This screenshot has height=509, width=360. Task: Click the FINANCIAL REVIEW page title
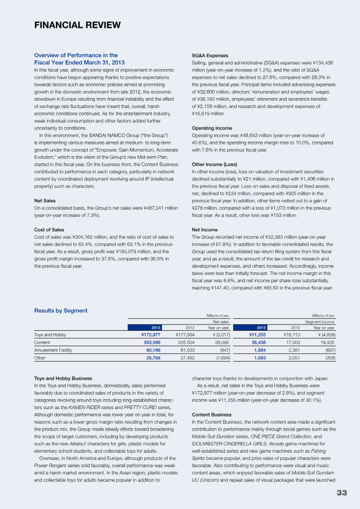[77, 25]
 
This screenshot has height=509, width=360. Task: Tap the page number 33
[342, 493]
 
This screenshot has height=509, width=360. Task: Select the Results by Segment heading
[61, 311]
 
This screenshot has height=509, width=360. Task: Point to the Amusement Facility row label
[53, 350]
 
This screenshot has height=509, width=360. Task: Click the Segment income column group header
[320, 322]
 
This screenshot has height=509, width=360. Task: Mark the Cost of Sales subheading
[49, 230]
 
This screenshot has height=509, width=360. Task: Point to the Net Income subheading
[205, 230]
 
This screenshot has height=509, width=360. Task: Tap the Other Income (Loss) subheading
[214, 164]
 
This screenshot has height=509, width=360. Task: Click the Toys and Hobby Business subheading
[63, 378]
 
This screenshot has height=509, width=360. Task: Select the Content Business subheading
[211, 414]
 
